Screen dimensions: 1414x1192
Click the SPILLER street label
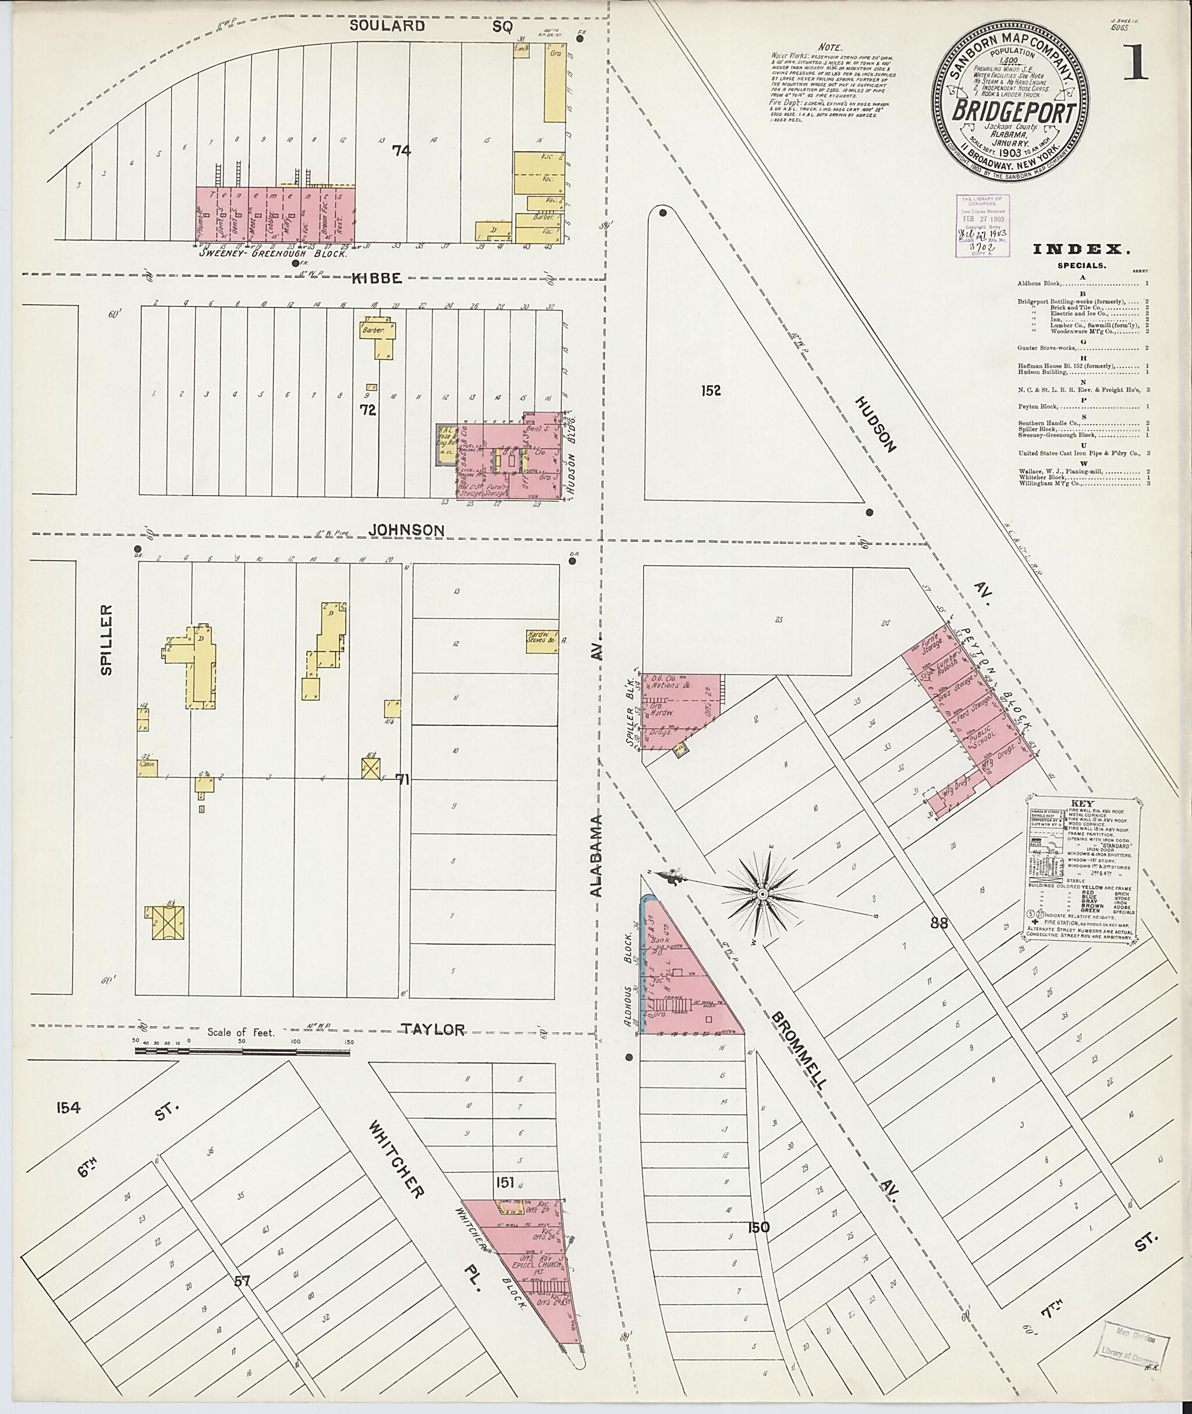point(107,630)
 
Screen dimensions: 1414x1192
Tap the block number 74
point(402,151)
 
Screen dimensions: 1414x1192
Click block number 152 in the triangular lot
point(711,390)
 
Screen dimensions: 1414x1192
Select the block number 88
point(939,923)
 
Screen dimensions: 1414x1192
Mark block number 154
point(68,1107)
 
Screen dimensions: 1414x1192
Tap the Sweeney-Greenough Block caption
point(273,253)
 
